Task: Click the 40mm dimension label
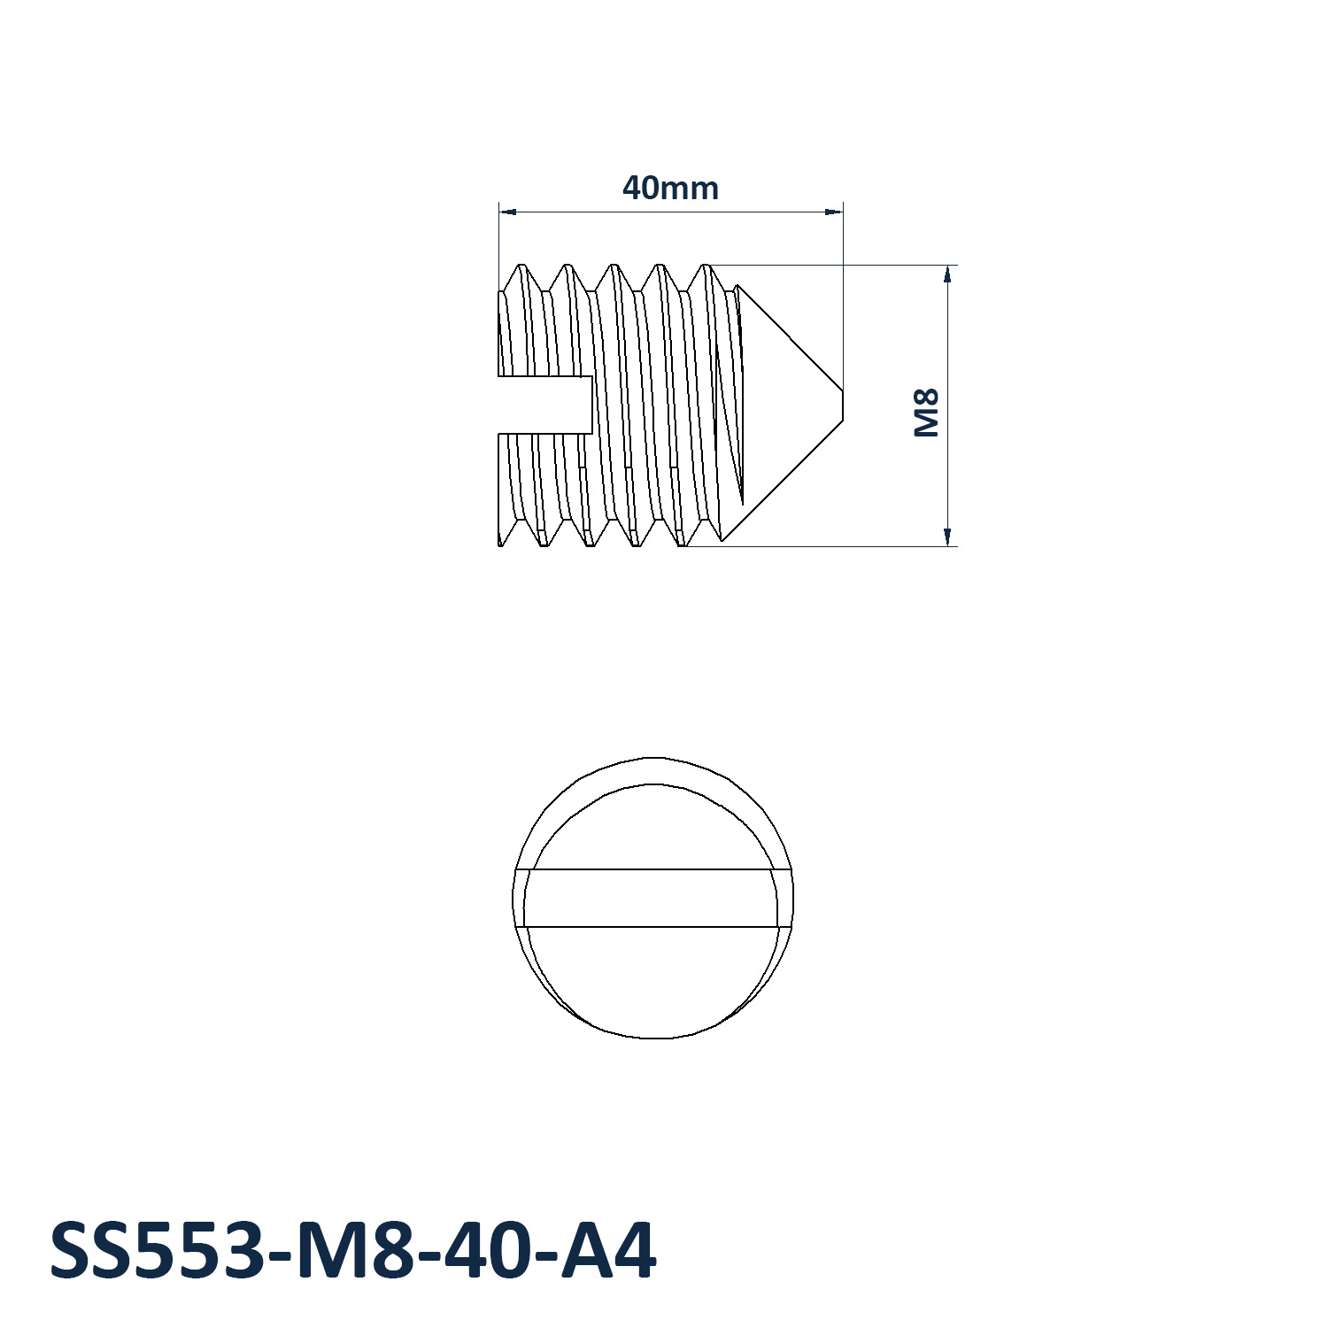670,188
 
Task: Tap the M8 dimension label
926,413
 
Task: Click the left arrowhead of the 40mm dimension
507,212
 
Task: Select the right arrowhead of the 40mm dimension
833,212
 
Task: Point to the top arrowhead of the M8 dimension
947,274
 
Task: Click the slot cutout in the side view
544,405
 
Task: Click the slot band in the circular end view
653,898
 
